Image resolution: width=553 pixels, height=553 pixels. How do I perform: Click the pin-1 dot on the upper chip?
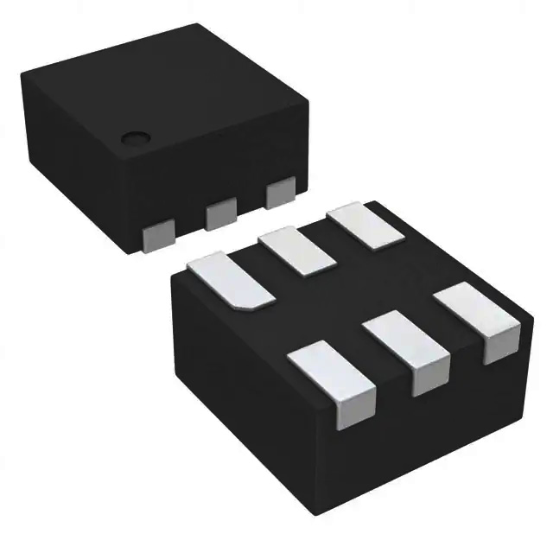pos(134,137)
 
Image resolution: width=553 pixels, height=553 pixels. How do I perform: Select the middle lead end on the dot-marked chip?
pos(220,213)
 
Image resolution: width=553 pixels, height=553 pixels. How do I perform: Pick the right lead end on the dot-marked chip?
pos(280,193)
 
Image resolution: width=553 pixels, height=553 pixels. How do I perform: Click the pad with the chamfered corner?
pos(230,279)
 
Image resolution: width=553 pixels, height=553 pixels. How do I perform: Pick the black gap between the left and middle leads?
pos(190,216)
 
